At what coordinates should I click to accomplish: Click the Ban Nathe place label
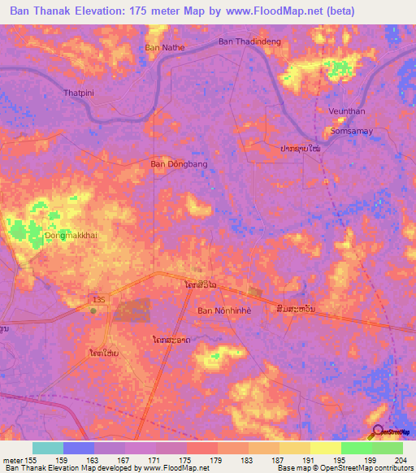(x=165, y=47)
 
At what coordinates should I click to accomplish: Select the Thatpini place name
(x=80, y=93)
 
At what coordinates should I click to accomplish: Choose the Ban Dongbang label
(x=180, y=163)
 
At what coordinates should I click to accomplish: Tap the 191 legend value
(x=310, y=461)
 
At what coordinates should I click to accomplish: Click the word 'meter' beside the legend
(x=12, y=461)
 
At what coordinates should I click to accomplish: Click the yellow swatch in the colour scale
(x=326, y=448)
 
